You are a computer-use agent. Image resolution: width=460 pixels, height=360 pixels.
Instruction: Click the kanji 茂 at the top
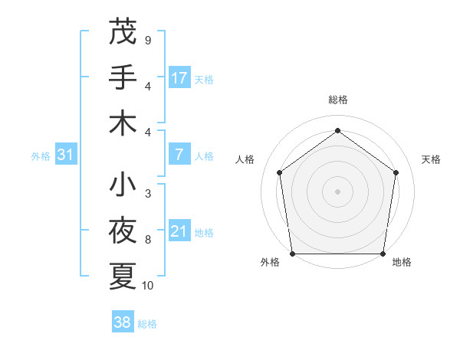(x=123, y=31)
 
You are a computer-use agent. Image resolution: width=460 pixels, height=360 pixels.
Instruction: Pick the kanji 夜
(x=123, y=231)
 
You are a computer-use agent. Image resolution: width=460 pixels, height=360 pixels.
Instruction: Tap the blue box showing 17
(x=179, y=77)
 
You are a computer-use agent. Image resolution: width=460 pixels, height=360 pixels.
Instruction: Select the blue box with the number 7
(x=179, y=154)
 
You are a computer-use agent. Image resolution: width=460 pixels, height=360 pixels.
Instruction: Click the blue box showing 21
(x=179, y=231)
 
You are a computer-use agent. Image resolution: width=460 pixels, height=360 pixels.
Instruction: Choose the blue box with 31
(x=66, y=155)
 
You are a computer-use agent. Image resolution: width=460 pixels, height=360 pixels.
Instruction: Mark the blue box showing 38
(x=123, y=322)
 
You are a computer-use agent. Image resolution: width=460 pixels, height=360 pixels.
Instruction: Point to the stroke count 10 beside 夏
(x=148, y=286)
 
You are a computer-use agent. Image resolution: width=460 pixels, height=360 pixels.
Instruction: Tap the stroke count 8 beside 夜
(x=148, y=240)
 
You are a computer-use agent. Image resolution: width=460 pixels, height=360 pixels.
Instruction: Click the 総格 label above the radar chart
(x=338, y=100)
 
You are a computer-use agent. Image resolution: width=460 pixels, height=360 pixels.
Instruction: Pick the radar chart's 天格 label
(x=431, y=159)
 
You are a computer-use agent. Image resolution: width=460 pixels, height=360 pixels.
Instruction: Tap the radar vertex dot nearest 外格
(x=292, y=253)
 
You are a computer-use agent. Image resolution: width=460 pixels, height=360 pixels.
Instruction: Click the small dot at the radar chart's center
(x=338, y=191)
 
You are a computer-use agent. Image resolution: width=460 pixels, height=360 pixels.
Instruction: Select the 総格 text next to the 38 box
(x=147, y=324)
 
